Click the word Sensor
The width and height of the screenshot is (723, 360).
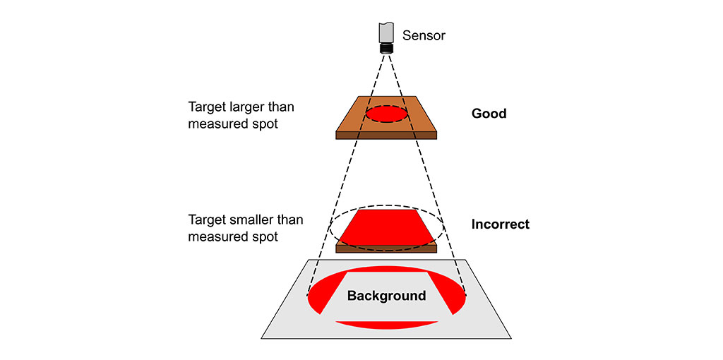click(x=424, y=35)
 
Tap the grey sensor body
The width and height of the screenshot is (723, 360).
click(x=386, y=32)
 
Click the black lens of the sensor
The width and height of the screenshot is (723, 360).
click(x=386, y=49)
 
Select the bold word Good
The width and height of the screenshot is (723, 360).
click(x=489, y=114)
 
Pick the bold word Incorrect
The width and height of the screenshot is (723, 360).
click(x=501, y=224)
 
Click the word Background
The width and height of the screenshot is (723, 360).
click(x=386, y=296)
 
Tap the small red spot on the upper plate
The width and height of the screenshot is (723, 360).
click(x=386, y=114)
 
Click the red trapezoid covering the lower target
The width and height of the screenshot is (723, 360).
click(x=386, y=227)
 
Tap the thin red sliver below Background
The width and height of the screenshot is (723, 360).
click(x=386, y=325)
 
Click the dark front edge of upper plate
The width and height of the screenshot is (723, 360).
click(x=386, y=135)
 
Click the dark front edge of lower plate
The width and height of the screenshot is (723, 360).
click(x=386, y=249)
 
